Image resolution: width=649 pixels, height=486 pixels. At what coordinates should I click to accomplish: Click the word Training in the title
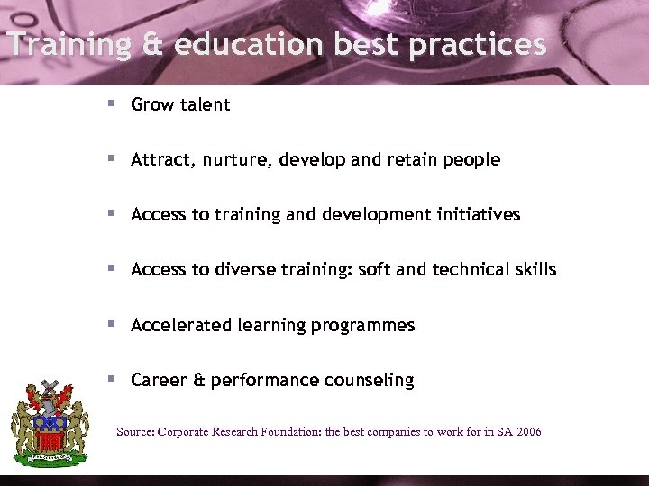[66, 45]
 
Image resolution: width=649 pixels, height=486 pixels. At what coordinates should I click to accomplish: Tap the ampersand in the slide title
[150, 45]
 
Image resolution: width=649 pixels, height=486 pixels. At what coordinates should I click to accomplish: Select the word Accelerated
[180, 325]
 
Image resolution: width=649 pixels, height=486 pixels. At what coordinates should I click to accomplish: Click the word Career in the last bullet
[159, 380]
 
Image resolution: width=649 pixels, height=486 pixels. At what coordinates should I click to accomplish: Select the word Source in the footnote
[135, 432]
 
